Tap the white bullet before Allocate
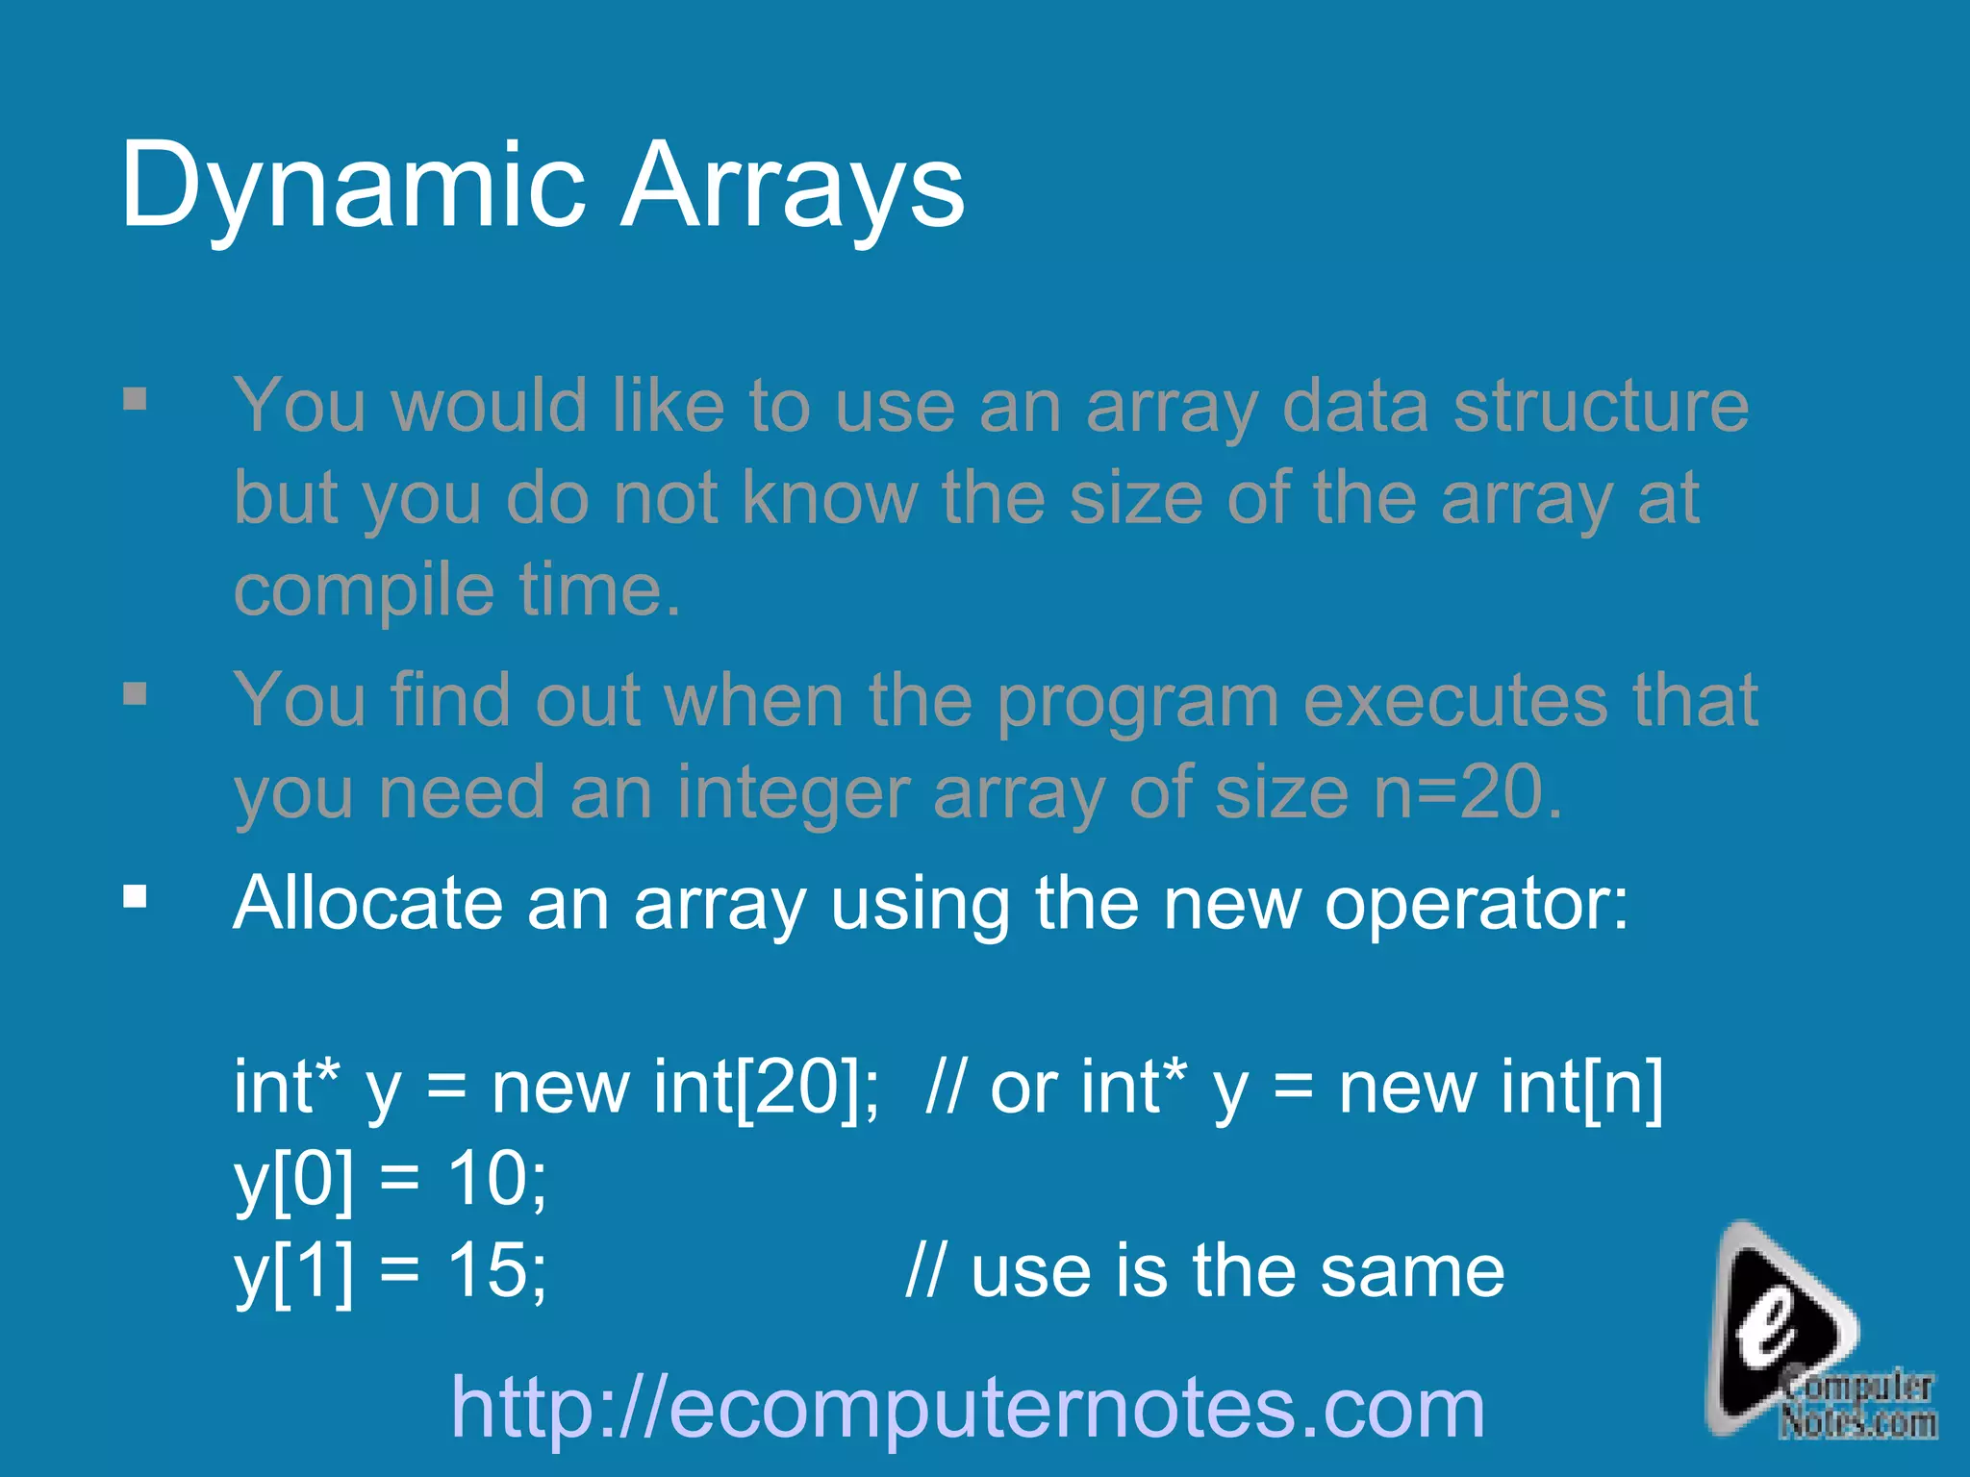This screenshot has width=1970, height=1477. click(136, 897)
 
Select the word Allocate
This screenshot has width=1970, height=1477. click(367, 903)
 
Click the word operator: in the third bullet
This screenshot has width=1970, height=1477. click(1476, 905)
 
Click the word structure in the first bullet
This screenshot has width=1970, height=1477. click(1601, 406)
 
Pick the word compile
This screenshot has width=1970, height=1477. click(364, 590)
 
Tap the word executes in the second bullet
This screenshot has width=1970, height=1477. click(1455, 701)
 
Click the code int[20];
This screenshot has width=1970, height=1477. click(766, 1088)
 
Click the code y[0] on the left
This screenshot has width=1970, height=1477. click(293, 1179)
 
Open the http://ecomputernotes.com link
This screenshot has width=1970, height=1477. click(968, 1408)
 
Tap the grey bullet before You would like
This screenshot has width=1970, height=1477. click(136, 398)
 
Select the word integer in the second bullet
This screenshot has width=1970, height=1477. click(793, 794)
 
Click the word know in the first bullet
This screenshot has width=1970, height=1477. click(829, 498)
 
